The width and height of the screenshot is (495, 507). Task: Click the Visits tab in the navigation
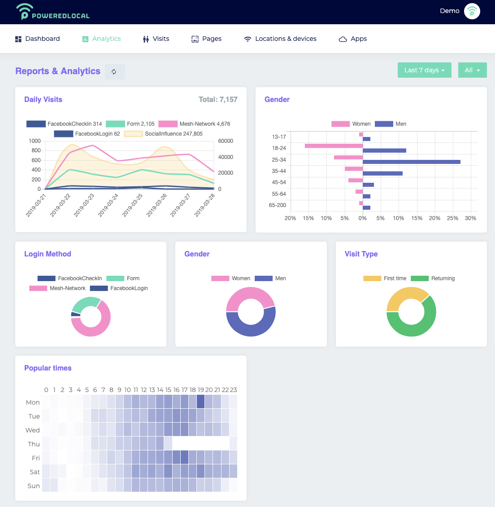[x=156, y=39]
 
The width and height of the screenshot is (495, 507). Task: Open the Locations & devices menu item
[x=280, y=39]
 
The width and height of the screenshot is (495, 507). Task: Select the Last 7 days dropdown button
[x=424, y=70]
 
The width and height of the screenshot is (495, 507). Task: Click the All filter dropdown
[x=472, y=70]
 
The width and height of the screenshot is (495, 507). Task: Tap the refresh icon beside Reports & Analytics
[x=114, y=71]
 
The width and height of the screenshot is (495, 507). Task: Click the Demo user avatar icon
[x=472, y=11]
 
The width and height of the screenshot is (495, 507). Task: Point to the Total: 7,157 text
[x=218, y=100]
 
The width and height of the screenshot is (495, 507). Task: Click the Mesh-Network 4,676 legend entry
[x=195, y=124]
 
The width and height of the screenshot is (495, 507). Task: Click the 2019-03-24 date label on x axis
[x=109, y=205]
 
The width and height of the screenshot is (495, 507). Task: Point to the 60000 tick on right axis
[x=226, y=141]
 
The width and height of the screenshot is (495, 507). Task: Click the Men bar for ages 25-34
[x=411, y=162]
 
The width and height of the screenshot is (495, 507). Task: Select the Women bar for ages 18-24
[x=334, y=146]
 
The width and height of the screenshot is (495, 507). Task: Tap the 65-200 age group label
[x=278, y=205]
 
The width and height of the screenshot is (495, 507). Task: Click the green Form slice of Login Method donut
[x=85, y=304]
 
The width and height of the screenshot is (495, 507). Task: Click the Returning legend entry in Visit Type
[x=433, y=278]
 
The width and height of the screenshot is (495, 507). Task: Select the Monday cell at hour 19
[x=200, y=401]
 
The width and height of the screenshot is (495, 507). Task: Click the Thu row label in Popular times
[x=34, y=444]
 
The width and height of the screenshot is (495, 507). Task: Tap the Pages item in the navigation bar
[x=207, y=39]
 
